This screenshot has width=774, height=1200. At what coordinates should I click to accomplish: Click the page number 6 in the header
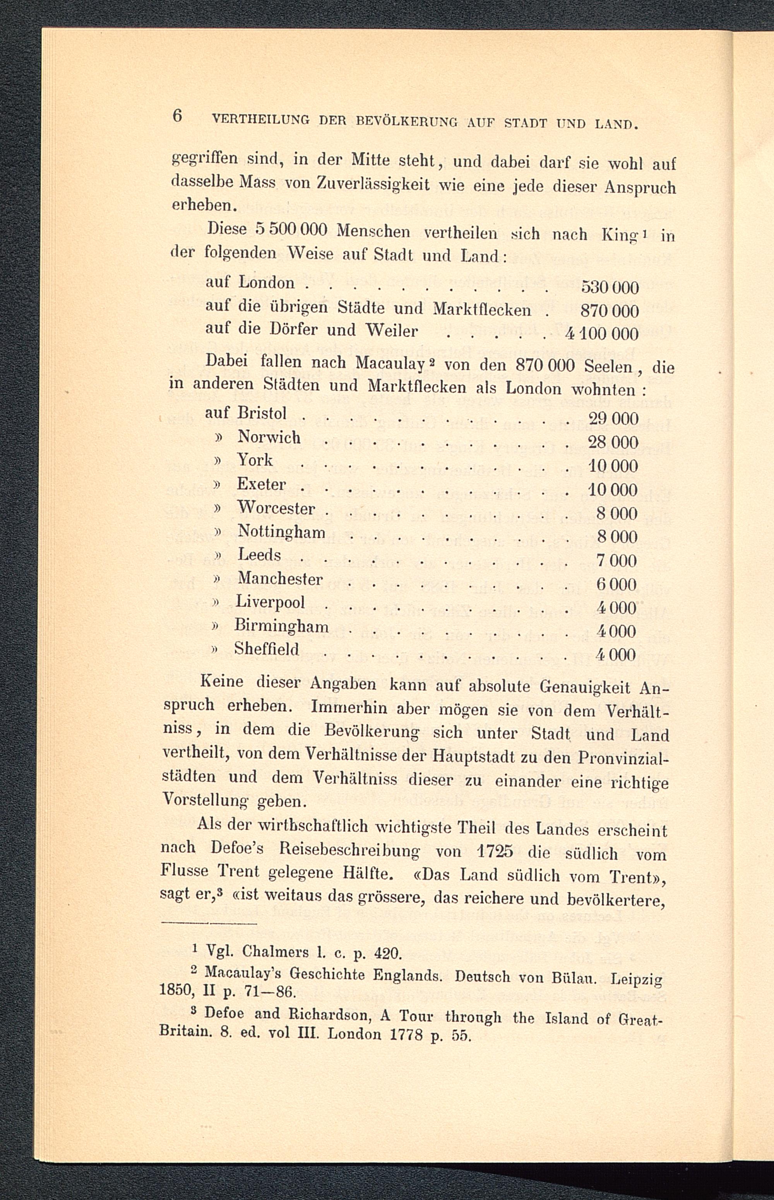click(177, 116)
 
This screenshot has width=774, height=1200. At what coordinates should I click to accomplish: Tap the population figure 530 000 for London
click(610, 288)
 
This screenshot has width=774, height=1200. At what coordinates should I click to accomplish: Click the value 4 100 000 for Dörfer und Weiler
click(602, 334)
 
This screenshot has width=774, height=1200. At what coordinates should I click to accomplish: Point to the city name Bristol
click(262, 413)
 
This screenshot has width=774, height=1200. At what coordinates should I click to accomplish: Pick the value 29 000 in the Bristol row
click(613, 419)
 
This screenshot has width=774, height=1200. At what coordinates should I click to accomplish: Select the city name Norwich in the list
click(269, 437)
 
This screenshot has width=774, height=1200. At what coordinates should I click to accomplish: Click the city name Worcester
click(276, 508)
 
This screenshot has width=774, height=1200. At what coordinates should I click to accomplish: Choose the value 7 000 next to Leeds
click(617, 561)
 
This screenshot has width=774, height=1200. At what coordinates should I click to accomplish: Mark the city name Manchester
click(280, 579)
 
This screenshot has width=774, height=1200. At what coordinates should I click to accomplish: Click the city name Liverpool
click(271, 602)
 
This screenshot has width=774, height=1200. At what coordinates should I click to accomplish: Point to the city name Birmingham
click(281, 626)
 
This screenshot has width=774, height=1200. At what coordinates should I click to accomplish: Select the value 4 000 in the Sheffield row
click(616, 655)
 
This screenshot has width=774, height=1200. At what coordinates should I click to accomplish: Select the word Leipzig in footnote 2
click(636, 980)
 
